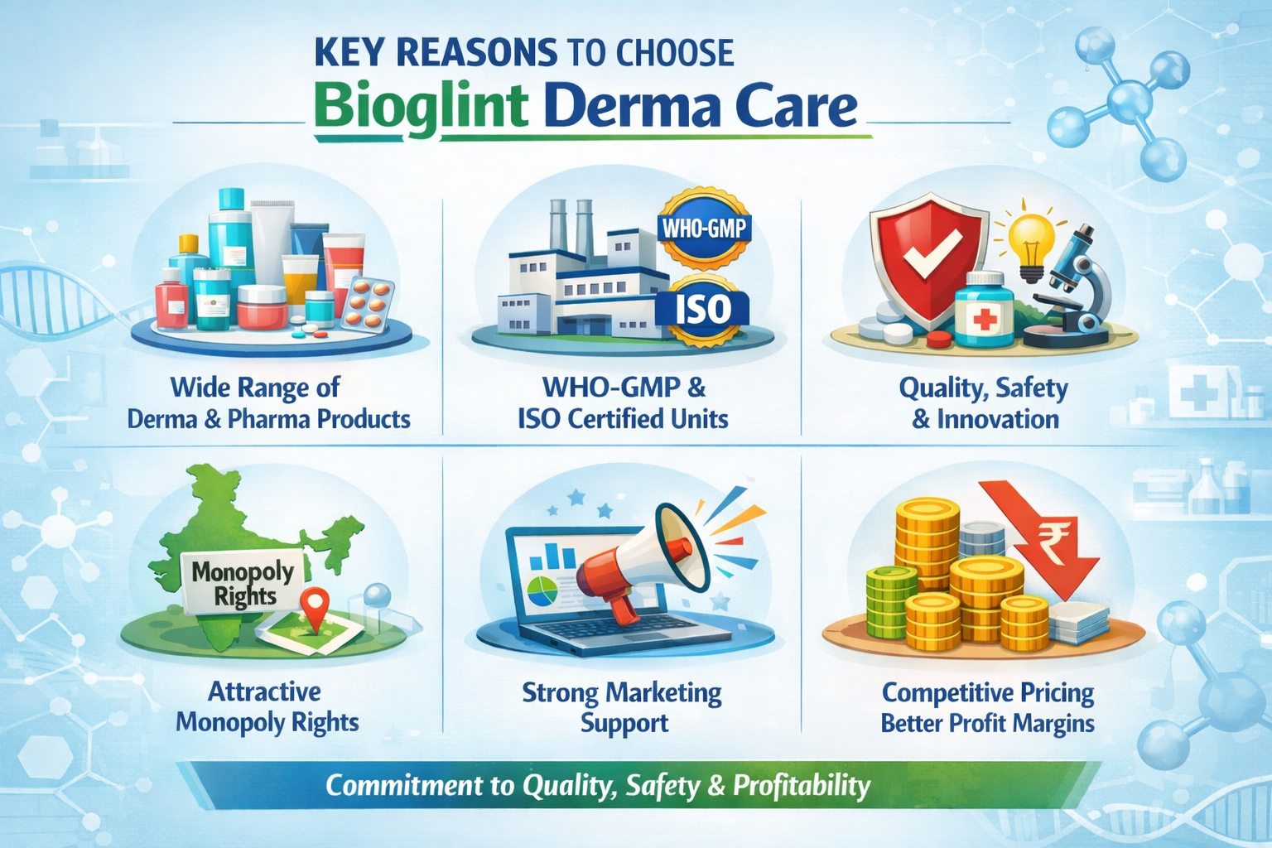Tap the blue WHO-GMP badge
(x=704, y=227)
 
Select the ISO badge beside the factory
(x=702, y=310)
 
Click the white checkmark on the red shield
(x=930, y=253)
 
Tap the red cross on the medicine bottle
(x=984, y=318)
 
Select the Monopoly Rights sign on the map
(x=242, y=583)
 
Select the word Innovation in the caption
(x=997, y=419)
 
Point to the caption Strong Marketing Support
(x=622, y=706)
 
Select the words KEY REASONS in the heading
(x=436, y=54)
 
